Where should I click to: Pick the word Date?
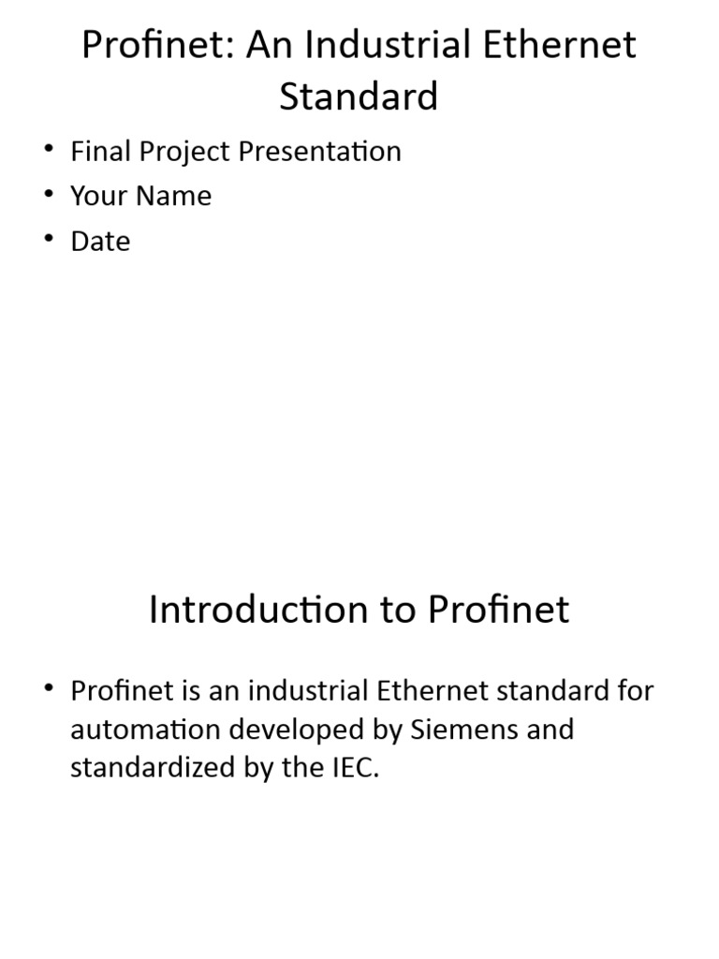tap(100, 241)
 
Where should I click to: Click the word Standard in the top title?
tap(359, 96)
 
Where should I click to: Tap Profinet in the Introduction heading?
tap(499, 610)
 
